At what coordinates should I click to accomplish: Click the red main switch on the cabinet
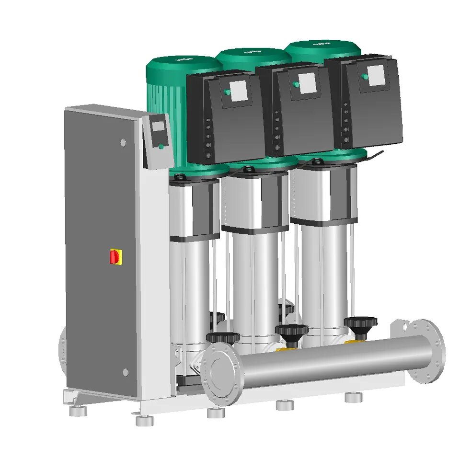click(115, 257)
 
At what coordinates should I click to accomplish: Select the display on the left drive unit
click(239, 91)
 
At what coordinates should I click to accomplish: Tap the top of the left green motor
click(184, 62)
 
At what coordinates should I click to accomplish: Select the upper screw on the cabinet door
click(123, 143)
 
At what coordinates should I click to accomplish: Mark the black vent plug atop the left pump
click(181, 177)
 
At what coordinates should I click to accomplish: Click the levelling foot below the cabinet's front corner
click(144, 420)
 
